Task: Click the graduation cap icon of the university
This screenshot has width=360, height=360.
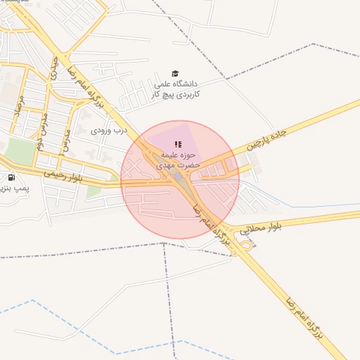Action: coord(175,73)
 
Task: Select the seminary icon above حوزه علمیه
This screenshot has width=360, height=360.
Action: coord(177,143)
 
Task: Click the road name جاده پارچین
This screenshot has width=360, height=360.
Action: coord(267,139)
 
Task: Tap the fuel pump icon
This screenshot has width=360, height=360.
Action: coord(11,177)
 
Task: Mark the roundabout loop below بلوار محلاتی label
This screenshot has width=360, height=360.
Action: coord(246,245)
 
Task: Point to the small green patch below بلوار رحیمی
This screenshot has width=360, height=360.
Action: coord(94,191)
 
